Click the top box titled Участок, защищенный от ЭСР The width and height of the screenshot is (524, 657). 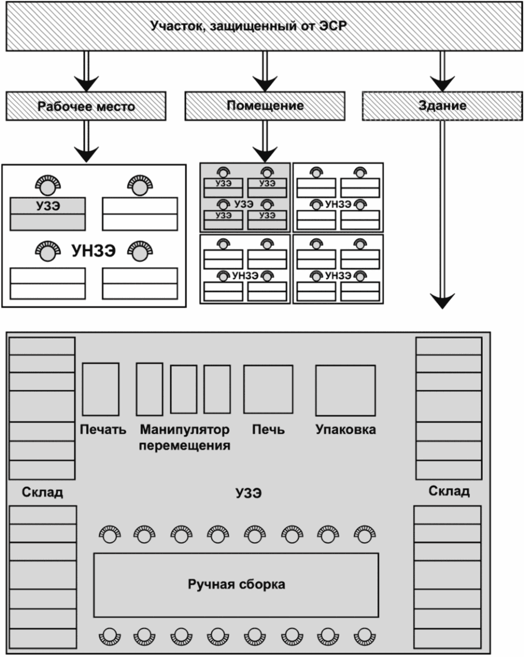[x=264, y=26]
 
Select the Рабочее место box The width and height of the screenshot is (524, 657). [x=86, y=106]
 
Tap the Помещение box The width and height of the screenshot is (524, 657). [x=265, y=106]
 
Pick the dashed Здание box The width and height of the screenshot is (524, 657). [x=442, y=106]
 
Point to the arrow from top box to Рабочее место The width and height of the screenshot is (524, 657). [x=87, y=71]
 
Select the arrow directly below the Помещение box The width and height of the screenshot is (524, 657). [x=265, y=141]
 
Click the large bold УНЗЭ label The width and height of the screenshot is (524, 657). [x=94, y=251]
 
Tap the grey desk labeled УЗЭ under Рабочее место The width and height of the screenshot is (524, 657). [x=48, y=214]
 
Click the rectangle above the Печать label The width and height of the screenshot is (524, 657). [x=101, y=389]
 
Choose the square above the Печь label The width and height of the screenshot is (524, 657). [x=268, y=389]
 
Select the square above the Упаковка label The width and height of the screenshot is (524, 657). [x=345, y=390]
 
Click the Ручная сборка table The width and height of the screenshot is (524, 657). [x=236, y=585]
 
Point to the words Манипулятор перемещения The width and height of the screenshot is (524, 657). [x=184, y=438]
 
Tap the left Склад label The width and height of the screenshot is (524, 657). [x=42, y=492]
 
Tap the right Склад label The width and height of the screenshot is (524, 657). [x=449, y=491]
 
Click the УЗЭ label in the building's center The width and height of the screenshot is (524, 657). [x=249, y=493]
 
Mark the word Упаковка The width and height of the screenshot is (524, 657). [x=345, y=429]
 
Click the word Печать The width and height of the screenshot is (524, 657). [x=103, y=429]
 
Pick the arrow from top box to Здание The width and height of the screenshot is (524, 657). [x=442, y=71]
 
